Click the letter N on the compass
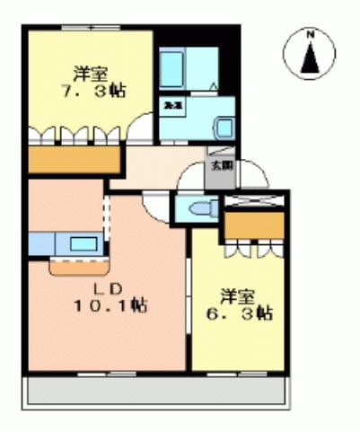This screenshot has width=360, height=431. point(311,36)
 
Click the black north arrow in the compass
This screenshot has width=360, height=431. point(311,57)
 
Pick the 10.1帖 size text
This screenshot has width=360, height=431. point(112,305)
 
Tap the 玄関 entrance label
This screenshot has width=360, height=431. point(220,165)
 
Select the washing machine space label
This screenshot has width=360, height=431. point(171,105)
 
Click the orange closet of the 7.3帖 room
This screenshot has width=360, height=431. point(74,159)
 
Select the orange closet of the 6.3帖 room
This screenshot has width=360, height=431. point(253,225)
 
